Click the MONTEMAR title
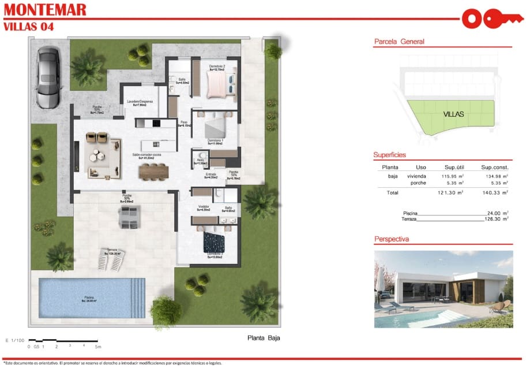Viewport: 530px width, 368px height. coord(45,10)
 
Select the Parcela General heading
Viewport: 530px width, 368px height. coord(399,42)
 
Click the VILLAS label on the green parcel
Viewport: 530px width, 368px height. coord(453,114)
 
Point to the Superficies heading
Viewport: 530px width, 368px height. coord(390,155)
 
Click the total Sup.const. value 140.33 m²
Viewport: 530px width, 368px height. coord(494,192)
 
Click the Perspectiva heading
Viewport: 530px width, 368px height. coord(392,238)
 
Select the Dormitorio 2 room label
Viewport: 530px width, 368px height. coord(216,67)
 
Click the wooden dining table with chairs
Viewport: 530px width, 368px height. coord(155,170)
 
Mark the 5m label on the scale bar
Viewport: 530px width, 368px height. coord(98,347)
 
